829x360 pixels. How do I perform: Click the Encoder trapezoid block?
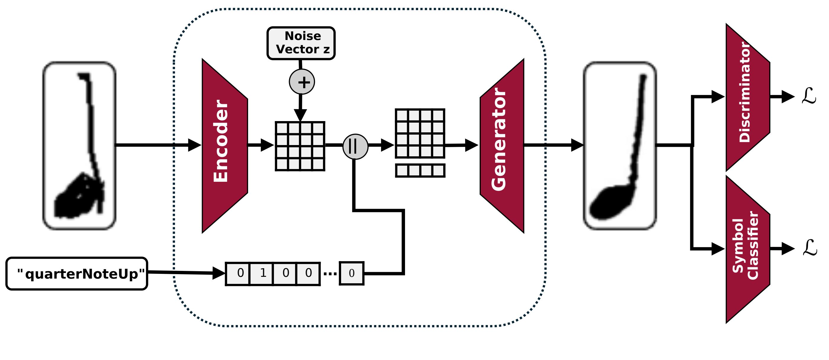click(225, 145)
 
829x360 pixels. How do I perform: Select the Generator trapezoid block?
click(502, 145)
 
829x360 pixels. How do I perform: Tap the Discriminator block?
click(747, 97)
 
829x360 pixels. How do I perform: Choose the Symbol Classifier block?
click(747, 249)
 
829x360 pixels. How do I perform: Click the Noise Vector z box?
click(301, 43)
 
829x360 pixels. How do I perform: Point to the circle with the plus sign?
click(302, 82)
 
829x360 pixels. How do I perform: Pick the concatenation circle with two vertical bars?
click(355, 146)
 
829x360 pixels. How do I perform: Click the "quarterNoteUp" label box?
click(77, 274)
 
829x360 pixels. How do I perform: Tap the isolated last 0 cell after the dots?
click(351, 274)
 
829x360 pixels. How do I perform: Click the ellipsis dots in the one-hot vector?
click(330, 274)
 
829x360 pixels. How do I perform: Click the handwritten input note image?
click(79, 145)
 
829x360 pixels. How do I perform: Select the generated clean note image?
click(619, 145)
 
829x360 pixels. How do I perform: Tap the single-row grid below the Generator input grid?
click(420, 170)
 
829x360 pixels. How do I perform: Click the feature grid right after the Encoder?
click(300, 146)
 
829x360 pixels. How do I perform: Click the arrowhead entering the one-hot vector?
click(219, 273)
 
